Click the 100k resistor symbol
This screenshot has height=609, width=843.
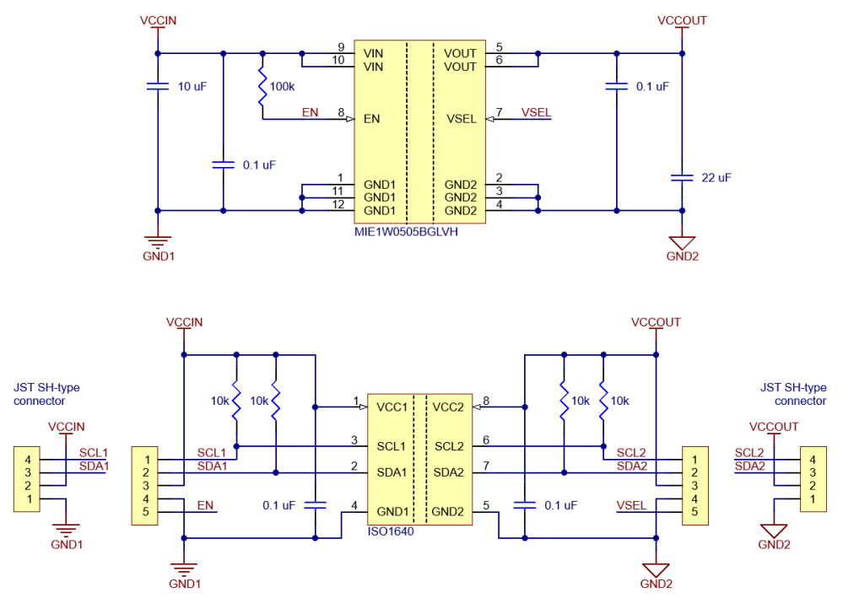pos(262,86)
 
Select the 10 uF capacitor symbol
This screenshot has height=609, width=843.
pos(158,86)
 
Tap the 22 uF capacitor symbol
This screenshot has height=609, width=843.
pos(682,177)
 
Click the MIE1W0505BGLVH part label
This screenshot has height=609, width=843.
pos(406,232)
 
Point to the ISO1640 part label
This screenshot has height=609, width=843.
pos(391,531)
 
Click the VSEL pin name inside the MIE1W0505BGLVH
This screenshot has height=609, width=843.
pos(462,119)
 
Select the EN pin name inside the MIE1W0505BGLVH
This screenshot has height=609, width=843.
pos(371,119)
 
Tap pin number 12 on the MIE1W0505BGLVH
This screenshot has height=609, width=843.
pos(338,204)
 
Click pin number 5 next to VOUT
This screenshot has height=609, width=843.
pos(499,47)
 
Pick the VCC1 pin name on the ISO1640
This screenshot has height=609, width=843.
pos(392,407)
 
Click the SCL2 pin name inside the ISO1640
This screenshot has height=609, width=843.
pos(449,447)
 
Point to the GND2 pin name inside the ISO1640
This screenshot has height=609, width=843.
pos(447,512)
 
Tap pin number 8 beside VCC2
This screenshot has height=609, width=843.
pos(486,401)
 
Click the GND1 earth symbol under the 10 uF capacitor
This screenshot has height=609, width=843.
pos(158,241)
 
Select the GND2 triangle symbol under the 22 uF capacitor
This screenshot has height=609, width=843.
pos(682,242)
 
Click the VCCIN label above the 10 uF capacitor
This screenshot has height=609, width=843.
pos(158,20)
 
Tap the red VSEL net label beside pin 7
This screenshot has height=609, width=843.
pos(536,112)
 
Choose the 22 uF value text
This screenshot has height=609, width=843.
pos(716,177)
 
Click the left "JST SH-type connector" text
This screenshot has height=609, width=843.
pos(46,394)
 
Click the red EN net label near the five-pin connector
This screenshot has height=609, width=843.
pos(205,505)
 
